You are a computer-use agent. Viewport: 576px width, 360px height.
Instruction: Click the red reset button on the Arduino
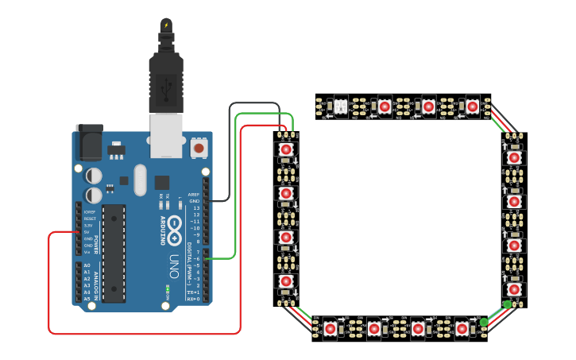click(198, 148)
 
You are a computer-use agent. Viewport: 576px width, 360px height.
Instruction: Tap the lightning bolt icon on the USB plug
click(166, 25)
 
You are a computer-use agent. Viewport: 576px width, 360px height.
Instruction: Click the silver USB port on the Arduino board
click(165, 131)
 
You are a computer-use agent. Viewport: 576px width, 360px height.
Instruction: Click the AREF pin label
click(193, 195)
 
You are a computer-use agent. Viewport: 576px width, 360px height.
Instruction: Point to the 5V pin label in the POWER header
click(89, 232)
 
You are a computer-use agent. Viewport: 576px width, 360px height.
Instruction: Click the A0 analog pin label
click(87, 265)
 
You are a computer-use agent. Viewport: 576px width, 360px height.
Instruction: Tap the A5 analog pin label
click(87, 299)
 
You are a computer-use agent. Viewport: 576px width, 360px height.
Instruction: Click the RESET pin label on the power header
click(89, 219)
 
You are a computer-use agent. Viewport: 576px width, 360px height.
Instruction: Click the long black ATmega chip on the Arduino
click(114, 253)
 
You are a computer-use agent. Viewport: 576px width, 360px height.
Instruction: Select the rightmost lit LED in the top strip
click(473, 106)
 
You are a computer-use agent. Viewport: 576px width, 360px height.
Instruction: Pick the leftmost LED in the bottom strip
click(330, 327)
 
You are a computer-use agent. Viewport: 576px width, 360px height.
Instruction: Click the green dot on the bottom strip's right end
click(483, 322)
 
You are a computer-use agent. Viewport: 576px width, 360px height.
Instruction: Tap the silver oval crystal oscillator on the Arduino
click(141, 179)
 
